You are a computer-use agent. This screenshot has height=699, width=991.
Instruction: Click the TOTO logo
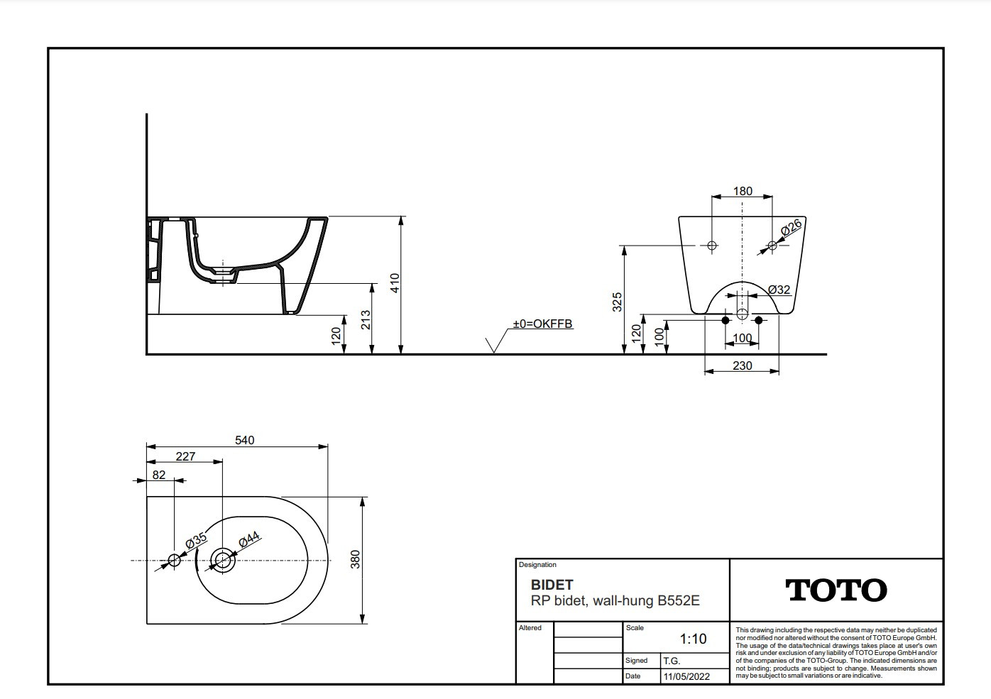pyautogui.click(x=836, y=590)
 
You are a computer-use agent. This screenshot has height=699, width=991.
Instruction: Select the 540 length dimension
pyautogui.click(x=245, y=441)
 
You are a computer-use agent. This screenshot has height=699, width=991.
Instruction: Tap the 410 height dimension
pyautogui.click(x=395, y=283)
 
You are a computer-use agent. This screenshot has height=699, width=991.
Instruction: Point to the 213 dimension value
pyautogui.click(x=366, y=319)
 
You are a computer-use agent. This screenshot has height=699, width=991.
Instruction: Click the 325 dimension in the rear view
pyautogui.click(x=617, y=302)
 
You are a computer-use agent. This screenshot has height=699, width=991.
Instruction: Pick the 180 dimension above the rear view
pyautogui.click(x=743, y=192)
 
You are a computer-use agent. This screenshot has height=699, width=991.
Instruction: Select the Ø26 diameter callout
pyautogui.click(x=791, y=228)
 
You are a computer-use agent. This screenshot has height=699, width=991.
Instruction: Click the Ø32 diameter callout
pyautogui.click(x=779, y=290)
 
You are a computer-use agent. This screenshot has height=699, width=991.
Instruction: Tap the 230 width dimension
pyautogui.click(x=742, y=365)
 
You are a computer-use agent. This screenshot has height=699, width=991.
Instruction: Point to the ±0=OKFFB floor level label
pyautogui.click(x=542, y=324)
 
